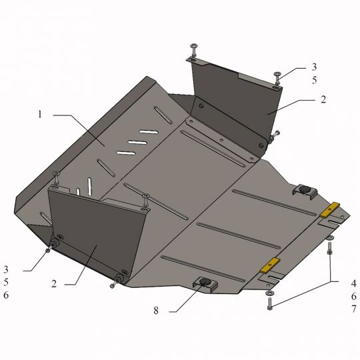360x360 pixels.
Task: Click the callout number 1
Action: (40, 114)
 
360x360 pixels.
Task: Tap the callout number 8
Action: (156, 311)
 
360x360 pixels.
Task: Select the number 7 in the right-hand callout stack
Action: (353, 309)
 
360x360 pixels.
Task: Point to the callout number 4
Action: (353, 283)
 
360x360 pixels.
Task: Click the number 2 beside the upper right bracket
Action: (323, 99)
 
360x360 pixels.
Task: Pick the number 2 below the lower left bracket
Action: (54, 284)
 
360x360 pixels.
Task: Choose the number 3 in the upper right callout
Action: (314, 67)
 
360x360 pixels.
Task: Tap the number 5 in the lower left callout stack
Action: (6, 282)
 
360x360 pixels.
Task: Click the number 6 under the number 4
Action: (353, 296)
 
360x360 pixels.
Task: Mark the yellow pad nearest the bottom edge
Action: (270, 265)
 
